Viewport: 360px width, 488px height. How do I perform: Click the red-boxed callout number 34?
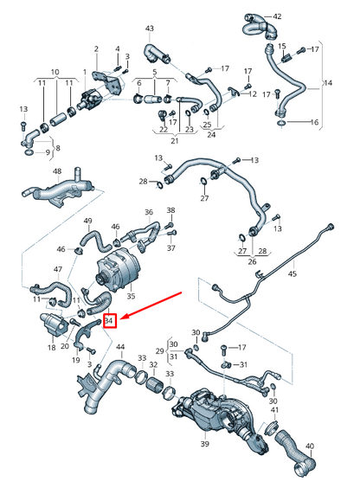[109, 322]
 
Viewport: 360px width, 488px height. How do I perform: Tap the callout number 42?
[277, 16]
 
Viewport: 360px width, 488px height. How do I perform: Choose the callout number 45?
[292, 274]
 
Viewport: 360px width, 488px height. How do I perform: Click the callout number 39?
[205, 444]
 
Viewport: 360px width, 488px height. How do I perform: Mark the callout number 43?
[149, 29]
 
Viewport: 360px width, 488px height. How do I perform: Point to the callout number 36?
[149, 212]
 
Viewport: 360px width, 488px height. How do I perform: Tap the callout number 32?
[154, 365]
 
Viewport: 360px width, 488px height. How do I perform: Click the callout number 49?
[87, 222]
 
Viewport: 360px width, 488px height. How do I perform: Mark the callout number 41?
[273, 409]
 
